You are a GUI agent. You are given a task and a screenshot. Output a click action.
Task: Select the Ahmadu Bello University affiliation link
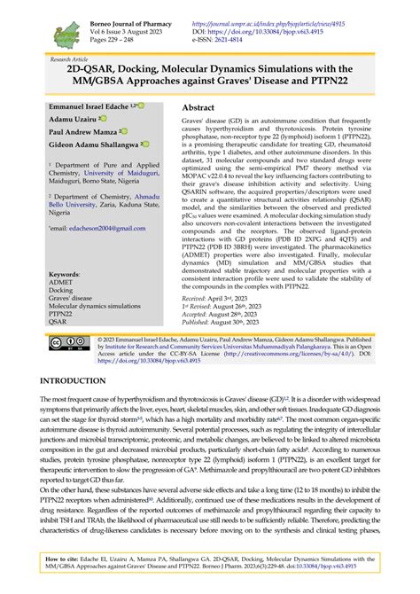136,196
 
